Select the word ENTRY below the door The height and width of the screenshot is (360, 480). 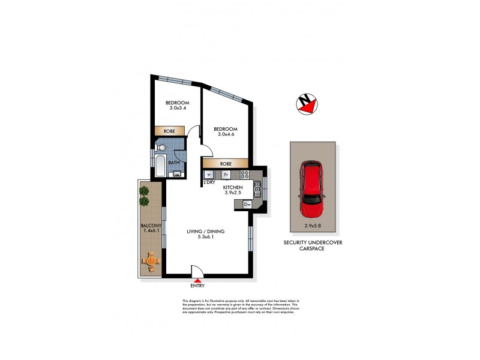197,286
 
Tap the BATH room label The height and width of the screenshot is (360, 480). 173,163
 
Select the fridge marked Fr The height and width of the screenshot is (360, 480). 226,175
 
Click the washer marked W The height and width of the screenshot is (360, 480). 209,175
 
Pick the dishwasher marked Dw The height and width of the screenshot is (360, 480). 247,205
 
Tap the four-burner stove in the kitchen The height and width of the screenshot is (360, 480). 244,175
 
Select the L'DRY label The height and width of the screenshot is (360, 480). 209,182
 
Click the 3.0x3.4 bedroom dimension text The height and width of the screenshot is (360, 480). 178,108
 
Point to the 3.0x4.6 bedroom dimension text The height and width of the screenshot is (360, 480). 226,135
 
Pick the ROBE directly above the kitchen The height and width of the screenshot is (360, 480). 226,163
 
